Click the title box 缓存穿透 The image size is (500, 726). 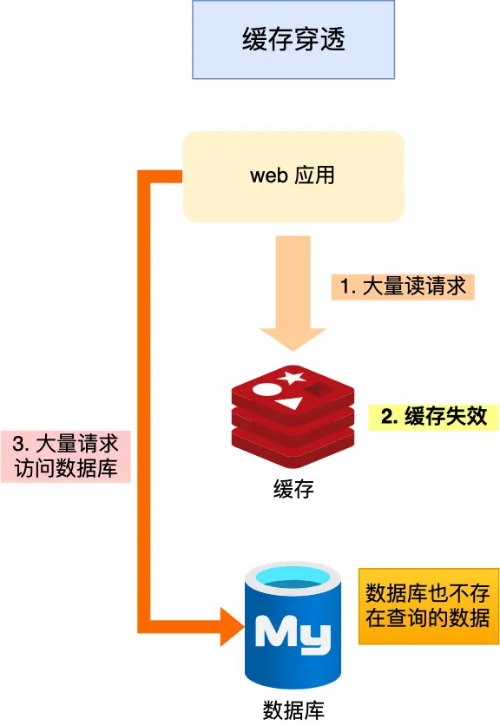coord(293,41)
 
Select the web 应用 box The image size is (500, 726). coord(293,175)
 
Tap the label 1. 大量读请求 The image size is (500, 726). coord(403,287)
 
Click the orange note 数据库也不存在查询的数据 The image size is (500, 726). coord(428,605)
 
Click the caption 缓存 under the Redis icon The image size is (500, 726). coord(293,489)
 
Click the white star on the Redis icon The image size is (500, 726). coord(291,379)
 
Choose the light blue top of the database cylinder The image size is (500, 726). coord(293,577)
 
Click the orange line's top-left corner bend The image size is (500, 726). coord(145,176)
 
